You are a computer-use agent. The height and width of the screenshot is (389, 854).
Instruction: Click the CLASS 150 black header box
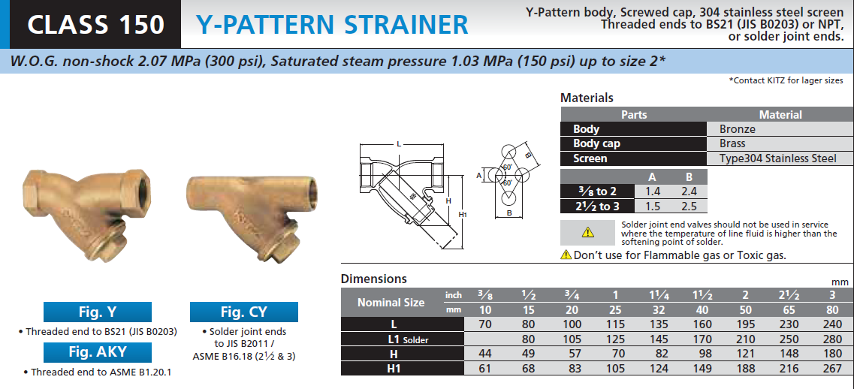[x=95, y=25]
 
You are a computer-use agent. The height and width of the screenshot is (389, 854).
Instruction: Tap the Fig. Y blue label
[x=98, y=312]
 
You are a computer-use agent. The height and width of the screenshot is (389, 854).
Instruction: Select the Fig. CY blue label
[x=243, y=312]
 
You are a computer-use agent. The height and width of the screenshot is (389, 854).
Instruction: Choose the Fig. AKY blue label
[x=98, y=352]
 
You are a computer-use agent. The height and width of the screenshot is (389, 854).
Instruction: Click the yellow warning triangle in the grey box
[x=587, y=233]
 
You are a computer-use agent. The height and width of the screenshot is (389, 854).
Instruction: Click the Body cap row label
[x=596, y=144]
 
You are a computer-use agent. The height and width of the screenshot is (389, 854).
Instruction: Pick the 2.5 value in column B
[x=689, y=206]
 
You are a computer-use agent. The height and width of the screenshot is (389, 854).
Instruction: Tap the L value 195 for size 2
[x=745, y=324]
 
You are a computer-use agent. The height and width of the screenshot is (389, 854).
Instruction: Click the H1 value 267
[x=832, y=368]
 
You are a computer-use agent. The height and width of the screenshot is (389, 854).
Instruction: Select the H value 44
[x=484, y=354]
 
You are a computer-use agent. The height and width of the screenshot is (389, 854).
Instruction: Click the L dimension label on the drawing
[x=399, y=144]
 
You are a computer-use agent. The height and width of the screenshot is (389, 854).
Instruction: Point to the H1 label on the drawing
[x=463, y=215]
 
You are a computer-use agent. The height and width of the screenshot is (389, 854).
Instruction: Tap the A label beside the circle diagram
[x=478, y=175]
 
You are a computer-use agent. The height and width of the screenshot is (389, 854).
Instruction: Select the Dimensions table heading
[x=373, y=279]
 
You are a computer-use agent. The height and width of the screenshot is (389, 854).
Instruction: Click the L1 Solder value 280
[x=832, y=339]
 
